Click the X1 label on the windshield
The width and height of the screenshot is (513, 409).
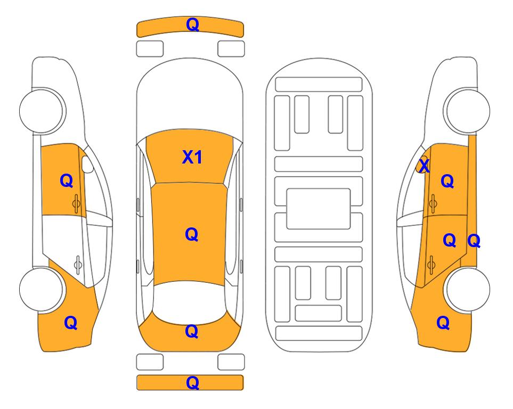pos(192,157)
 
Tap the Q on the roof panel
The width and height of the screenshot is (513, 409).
pos(192,235)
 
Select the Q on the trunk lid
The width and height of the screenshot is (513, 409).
pos(192,331)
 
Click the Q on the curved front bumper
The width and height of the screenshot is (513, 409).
pos(192,24)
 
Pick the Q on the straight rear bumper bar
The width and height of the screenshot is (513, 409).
pos(192,382)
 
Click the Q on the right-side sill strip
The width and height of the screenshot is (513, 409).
pos(474,241)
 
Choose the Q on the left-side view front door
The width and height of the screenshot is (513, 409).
pos(67,181)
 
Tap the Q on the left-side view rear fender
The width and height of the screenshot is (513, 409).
pos(71,323)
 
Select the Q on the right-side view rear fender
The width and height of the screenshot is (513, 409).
pos(443,323)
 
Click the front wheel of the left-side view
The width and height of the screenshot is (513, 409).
pos(42,111)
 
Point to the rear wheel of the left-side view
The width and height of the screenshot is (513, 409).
pos(42,289)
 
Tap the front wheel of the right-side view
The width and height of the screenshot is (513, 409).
pos(467,111)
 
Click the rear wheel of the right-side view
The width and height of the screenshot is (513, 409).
pos(468,289)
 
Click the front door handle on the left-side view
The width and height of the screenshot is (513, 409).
pos(76,203)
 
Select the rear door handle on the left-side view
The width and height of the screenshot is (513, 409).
pos(78,264)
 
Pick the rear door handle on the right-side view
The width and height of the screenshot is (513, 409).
pos(431,264)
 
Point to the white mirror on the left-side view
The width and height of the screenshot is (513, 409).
pos(87,164)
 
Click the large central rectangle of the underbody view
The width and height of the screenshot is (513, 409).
pos(319,209)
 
